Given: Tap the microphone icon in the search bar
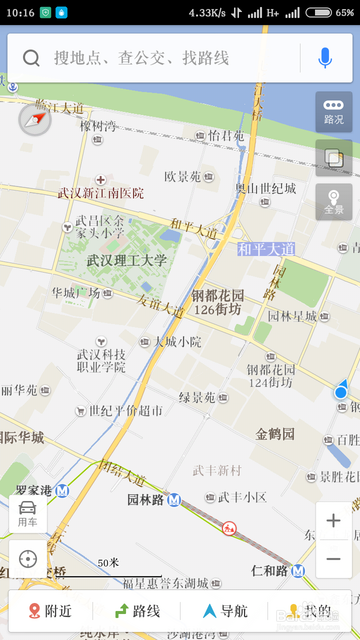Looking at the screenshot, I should coord(325,58).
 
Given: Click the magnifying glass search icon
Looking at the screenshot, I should coord(31,58).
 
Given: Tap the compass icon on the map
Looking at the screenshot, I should coord(35,120).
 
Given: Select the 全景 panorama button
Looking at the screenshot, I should coord(333,202).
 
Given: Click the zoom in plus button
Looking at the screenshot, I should coord(333,521).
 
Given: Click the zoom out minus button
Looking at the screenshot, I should coord(333,559).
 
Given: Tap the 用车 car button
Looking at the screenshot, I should coord(27,513).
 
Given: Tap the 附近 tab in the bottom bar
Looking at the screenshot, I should coord(50,611).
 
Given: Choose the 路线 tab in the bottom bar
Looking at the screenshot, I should coord(137,611).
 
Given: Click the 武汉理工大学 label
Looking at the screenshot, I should coord(126,260).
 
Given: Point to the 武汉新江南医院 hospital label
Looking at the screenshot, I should coord(100,193).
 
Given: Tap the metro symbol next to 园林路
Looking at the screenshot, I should coord(174,499).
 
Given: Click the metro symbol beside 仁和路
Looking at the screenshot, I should coord(298,570).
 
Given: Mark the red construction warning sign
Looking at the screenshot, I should coord(229,528).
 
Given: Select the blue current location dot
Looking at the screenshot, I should coord(340,392).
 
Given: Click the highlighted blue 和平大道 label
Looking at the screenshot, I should coord(266,249).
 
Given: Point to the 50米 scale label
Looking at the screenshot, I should coord(108,563).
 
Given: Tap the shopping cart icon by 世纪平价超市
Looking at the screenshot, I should coord(80,411).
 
